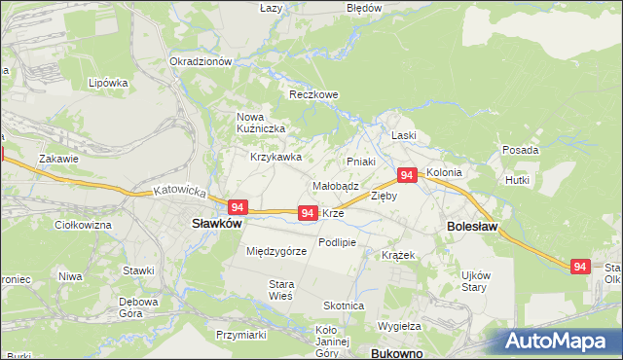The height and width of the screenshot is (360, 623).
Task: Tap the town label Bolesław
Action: pyautogui.click(x=472, y=226)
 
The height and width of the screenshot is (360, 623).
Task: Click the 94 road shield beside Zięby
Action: pyautogui.click(x=407, y=175)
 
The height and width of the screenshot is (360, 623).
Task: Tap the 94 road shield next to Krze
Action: pyautogui.click(x=307, y=212)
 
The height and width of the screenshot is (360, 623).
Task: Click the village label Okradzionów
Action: pyautogui.click(x=201, y=60)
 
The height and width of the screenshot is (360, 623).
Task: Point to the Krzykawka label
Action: pyautogui.click(x=275, y=156)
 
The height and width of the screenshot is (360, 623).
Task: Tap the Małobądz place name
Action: pyautogui.click(x=336, y=185)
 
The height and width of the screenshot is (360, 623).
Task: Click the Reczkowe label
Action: pyautogui.click(x=313, y=94)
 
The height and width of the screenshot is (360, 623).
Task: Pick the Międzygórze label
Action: pyautogui.click(x=276, y=250)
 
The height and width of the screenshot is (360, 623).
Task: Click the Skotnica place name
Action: pyautogui.click(x=345, y=306)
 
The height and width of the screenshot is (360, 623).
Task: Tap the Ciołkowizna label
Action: pyautogui.click(x=84, y=225)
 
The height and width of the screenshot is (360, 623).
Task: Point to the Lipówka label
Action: pyautogui.click(x=108, y=83)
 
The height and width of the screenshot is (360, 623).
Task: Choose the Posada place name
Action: pyautogui.click(x=521, y=151)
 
